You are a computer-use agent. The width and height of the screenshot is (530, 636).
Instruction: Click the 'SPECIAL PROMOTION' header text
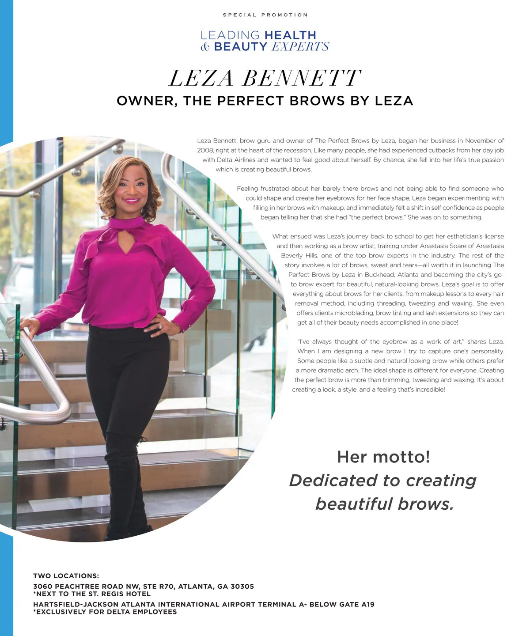click(x=265, y=15)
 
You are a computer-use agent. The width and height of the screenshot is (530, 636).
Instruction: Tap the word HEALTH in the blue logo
click(x=290, y=35)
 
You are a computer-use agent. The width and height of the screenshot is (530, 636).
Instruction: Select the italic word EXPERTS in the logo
click(x=300, y=47)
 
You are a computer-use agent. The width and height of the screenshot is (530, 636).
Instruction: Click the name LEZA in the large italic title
click(x=201, y=79)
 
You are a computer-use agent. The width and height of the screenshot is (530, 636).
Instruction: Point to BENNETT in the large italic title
click(x=302, y=79)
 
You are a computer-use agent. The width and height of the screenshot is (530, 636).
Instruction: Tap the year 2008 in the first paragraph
click(x=205, y=150)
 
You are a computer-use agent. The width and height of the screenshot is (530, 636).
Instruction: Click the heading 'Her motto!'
click(x=383, y=457)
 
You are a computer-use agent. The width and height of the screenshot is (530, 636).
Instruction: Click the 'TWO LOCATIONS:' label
click(x=66, y=576)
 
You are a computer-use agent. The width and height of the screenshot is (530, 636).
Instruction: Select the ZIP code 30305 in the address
click(x=242, y=587)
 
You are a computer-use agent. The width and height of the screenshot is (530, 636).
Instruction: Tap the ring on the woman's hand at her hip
click(x=160, y=326)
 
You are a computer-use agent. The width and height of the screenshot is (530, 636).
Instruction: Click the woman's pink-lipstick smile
click(x=131, y=201)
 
